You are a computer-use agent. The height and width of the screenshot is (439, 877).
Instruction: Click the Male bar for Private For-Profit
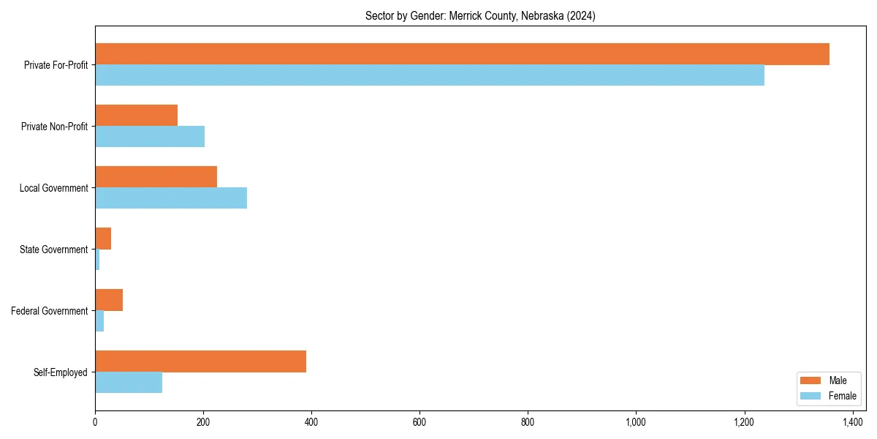click(x=462, y=54)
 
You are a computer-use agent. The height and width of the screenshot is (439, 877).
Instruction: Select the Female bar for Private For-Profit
click(x=430, y=75)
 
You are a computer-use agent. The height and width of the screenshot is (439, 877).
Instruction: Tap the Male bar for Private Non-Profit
click(x=137, y=116)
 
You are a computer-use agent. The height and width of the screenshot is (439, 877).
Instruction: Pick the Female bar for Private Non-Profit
click(x=150, y=137)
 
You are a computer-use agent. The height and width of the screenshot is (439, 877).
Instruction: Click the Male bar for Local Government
click(x=156, y=177)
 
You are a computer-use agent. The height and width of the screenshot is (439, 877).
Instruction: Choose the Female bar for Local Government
click(x=171, y=198)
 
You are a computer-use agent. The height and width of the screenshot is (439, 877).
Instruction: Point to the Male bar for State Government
click(x=103, y=239)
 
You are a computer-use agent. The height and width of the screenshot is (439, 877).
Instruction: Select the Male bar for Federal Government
click(x=109, y=300)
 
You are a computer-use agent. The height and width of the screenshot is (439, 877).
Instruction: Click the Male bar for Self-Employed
click(x=201, y=361)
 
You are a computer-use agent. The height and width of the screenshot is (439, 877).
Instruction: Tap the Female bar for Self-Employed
click(x=129, y=383)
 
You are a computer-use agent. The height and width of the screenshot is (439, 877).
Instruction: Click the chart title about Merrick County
click(x=480, y=16)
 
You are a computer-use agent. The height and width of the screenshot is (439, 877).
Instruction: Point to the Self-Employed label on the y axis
click(x=61, y=372)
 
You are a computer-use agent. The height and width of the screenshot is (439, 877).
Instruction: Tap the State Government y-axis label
click(x=54, y=249)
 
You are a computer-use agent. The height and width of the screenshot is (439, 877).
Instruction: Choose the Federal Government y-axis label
click(x=50, y=311)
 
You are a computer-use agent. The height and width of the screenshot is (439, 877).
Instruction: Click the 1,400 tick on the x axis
click(x=852, y=422)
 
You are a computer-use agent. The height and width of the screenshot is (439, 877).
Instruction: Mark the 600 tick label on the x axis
click(x=419, y=422)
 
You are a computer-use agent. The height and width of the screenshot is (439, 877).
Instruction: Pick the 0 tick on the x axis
click(x=95, y=422)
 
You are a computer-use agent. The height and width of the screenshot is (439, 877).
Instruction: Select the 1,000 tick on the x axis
click(x=636, y=422)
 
